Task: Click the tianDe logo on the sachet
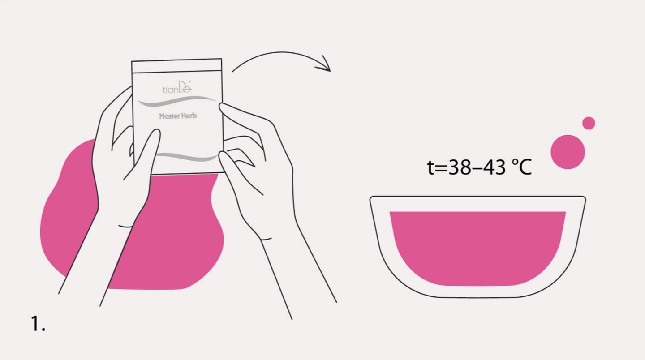177,87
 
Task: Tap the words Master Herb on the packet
178,116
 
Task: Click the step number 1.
38,323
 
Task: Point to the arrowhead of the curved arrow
325,65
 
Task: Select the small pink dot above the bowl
589,123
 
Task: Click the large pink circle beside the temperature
568,152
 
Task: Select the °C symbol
522,167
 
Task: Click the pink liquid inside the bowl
477,248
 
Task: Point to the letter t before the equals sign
430,167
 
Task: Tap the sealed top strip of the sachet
176,66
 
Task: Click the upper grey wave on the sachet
177,101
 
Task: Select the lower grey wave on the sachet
187,157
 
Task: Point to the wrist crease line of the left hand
125,227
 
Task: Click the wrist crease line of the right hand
266,239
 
